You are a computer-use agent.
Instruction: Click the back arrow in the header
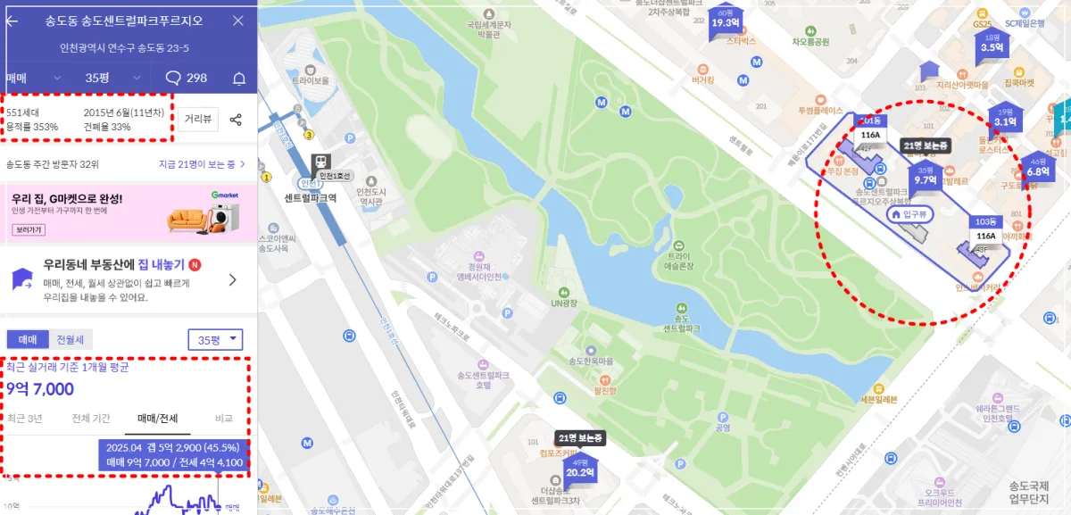[x=12, y=21]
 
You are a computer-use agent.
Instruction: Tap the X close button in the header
[x=237, y=21]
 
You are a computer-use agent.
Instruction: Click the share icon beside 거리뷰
[x=236, y=120]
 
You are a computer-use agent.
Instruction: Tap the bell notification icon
[x=239, y=79]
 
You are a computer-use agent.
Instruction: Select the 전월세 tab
[x=70, y=340]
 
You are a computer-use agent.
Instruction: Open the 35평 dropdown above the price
[x=215, y=339]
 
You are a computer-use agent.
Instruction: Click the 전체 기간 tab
[x=90, y=419]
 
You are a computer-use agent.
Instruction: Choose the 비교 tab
[x=224, y=419]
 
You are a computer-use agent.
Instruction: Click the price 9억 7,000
[x=40, y=389]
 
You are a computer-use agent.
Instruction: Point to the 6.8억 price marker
[x=1038, y=168]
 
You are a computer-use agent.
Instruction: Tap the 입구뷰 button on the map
[x=909, y=214]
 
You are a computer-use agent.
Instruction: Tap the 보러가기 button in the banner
[x=29, y=229]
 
